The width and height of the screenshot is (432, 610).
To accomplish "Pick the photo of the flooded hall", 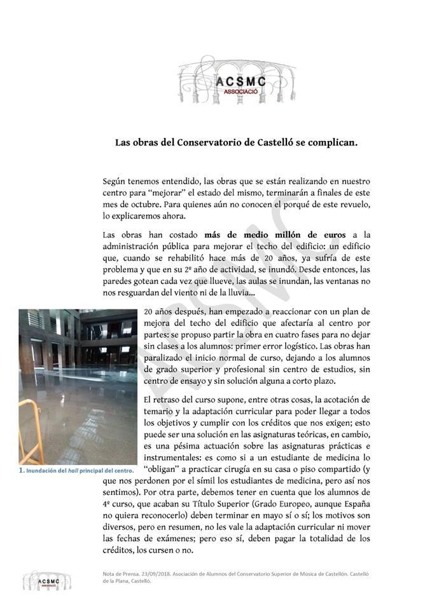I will (78, 387).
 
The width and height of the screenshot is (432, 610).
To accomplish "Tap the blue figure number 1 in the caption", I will (21, 471).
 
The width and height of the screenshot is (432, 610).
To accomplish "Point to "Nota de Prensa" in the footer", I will (119, 574).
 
